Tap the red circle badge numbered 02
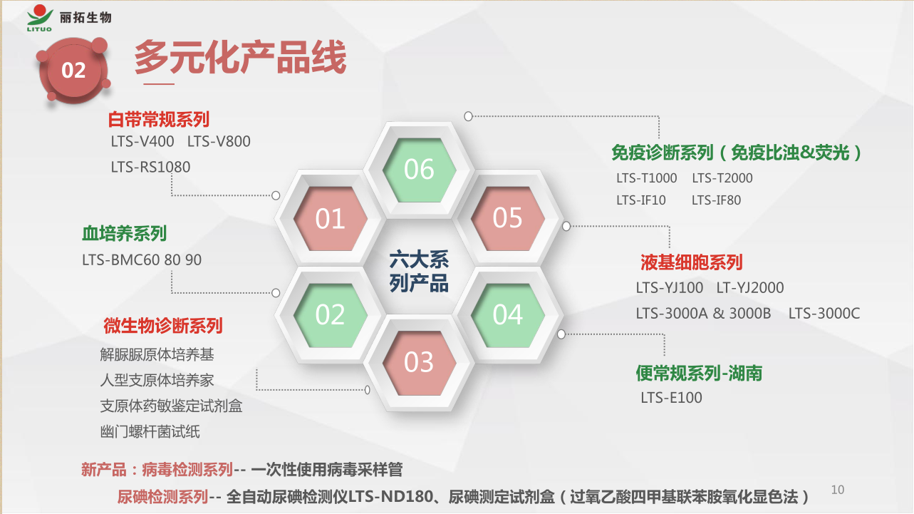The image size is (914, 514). pyautogui.click(x=74, y=71)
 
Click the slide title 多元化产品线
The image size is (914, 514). pyautogui.click(x=240, y=57)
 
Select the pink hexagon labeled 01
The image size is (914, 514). pyautogui.click(x=330, y=218)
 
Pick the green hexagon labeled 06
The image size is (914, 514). pyautogui.click(x=419, y=170)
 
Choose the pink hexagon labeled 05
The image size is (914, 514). pyautogui.click(x=508, y=218)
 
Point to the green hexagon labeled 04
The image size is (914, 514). pyautogui.click(x=508, y=315)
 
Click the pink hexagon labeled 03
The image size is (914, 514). pyautogui.click(x=419, y=363)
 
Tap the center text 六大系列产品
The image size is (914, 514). pyautogui.click(x=419, y=272)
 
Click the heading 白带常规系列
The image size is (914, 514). pyautogui.click(x=159, y=120)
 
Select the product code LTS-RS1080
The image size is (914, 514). pyautogui.click(x=150, y=167)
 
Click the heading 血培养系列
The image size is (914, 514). pyautogui.click(x=125, y=234)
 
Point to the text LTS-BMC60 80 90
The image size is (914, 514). pyautogui.click(x=142, y=260)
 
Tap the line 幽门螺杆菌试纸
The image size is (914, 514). pyautogui.click(x=150, y=431)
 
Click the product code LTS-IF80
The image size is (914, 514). pyautogui.click(x=716, y=200)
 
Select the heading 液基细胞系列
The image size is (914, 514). pyautogui.click(x=691, y=262)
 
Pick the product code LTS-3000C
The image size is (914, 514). pyautogui.click(x=824, y=314)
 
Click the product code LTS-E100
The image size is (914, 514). pyautogui.click(x=671, y=398)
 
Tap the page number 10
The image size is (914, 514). pyautogui.click(x=838, y=490)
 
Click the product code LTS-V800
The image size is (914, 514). pyautogui.click(x=219, y=142)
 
